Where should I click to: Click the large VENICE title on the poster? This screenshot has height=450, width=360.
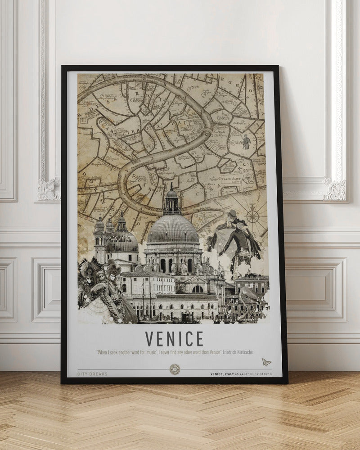point(174,339)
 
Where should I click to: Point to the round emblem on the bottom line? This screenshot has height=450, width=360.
point(175,369)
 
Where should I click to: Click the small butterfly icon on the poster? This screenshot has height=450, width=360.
point(266,362)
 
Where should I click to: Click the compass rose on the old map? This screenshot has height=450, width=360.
point(252,217)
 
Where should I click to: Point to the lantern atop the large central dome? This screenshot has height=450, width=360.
point(172,201)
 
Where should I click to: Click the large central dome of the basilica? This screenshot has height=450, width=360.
point(173,230)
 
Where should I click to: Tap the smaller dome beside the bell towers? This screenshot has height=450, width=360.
point(122,241)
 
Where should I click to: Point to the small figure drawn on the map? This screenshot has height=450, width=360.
point(246,141)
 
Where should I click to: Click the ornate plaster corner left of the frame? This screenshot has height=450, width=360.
point(49,189)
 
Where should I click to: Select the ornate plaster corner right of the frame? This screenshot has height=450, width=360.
point(335,189)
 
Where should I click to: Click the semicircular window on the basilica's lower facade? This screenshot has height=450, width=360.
point(198,288)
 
